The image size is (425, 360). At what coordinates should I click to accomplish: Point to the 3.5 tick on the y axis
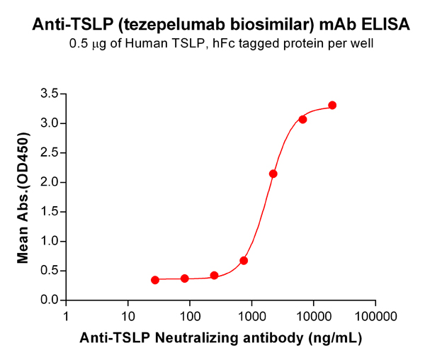[49, 94]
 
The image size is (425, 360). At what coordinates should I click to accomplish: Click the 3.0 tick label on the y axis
[49, 123]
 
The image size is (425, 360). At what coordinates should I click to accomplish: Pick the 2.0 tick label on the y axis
[49, 182]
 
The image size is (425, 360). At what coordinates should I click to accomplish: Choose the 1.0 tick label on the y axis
[49, 241]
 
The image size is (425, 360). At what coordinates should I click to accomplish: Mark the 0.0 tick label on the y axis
[49, 300]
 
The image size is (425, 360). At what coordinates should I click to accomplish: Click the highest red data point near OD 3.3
[332, 105]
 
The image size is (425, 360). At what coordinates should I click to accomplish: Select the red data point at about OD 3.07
[302, 119]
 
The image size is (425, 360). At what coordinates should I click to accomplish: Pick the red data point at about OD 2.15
[273, 174]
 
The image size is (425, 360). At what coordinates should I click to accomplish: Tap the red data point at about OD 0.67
[244, 261]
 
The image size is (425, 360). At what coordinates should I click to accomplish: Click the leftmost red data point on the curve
[155, 280]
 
